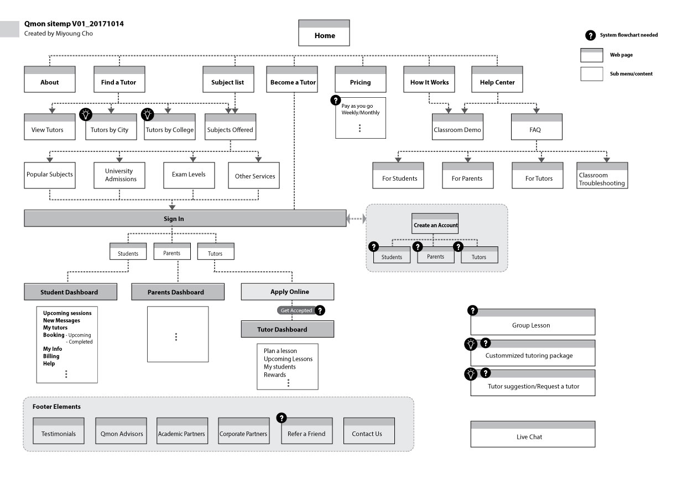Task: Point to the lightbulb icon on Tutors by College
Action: [x=147, y=114]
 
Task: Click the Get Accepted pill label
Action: [x=296, y=310]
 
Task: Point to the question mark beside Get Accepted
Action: [x=319, y=310]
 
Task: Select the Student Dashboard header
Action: [x=70, y=292]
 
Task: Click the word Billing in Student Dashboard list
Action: [x=51, y=356]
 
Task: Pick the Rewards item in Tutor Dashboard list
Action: [x=275, y=375]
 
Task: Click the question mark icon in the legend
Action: [x=590, y=35]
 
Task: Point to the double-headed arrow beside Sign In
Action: [x=356, y=219]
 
